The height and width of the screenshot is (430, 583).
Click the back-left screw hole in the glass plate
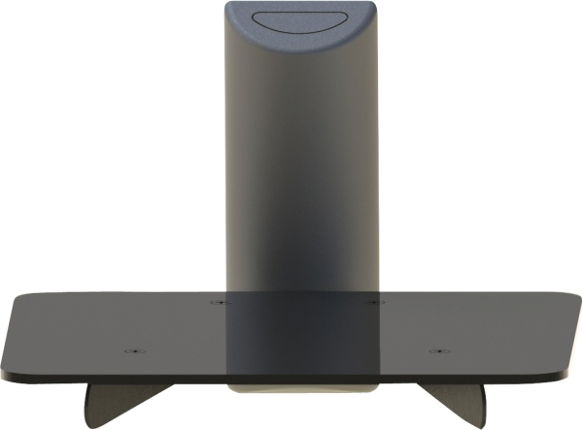click(x=218, y=302)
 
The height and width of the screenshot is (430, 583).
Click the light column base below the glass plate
click(x=301, y=385)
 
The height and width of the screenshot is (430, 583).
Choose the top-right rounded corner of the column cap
click(x=370, y=8)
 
